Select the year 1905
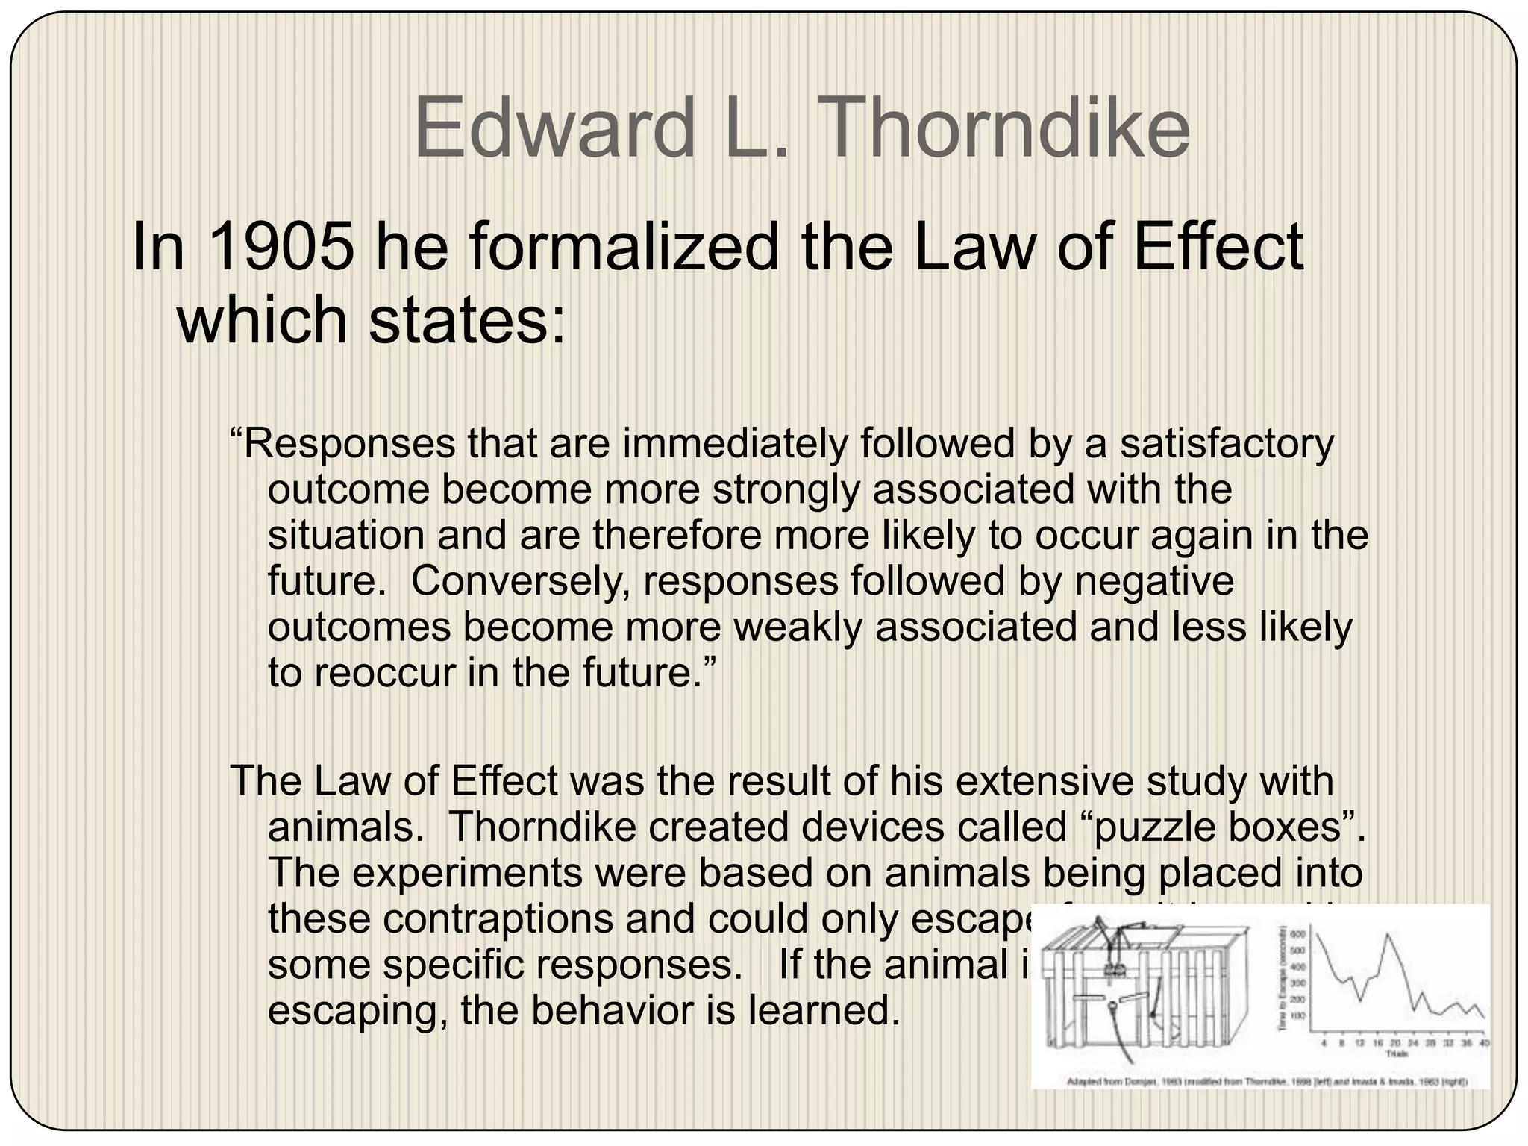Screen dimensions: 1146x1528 pos(282,248)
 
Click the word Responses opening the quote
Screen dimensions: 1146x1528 pos(349,444)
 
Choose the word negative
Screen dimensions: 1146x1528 pos(1154,581)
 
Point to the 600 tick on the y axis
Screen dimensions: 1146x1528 pos(1297,934)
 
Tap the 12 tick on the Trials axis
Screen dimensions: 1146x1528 pos(1359,1043)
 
